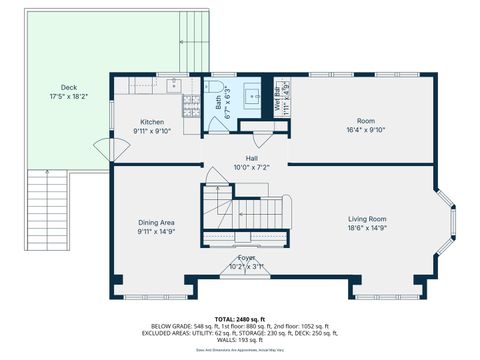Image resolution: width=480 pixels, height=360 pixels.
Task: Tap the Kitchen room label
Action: click(x=153, y=122)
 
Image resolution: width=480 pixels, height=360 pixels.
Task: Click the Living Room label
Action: click(x=367, y=218)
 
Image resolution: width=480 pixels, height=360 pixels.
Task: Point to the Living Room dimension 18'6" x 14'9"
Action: click(x=367, y=227)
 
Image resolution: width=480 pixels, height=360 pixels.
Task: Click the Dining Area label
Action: click(x=157, y=222)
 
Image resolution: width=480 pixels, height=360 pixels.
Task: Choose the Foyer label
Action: click(x=246, y=258)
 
